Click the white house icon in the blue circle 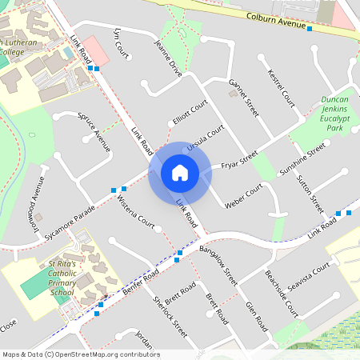(179, 173)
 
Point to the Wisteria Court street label (135, 210)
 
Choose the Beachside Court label (281, 293)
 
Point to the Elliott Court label (190, 114)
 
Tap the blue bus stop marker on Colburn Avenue (309, 29)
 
